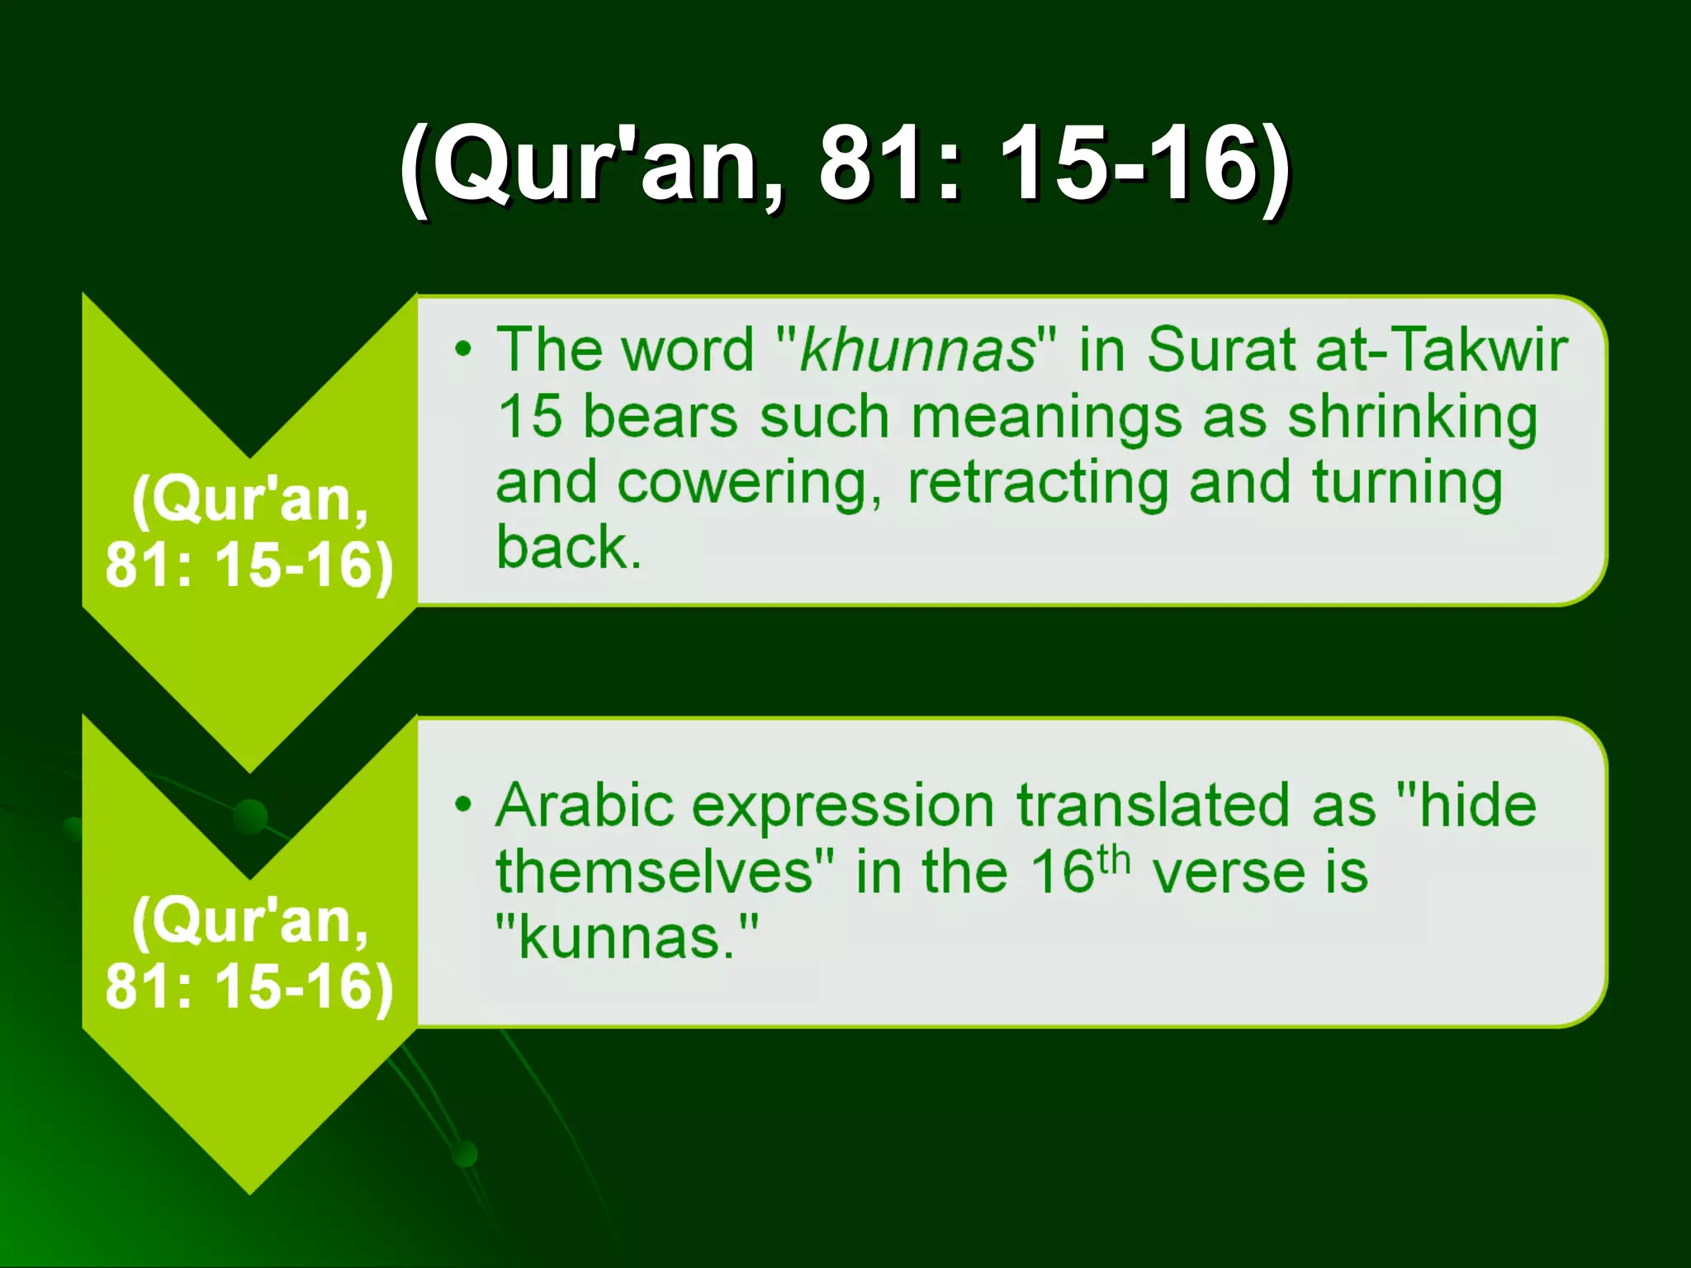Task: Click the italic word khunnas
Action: point(917,350)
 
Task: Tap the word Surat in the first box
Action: point(1220,350)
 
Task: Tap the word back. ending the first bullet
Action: point(568,547)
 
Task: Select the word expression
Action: point(842,807)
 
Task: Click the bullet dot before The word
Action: point(464,349)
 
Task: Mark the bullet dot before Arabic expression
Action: point(464,804)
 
